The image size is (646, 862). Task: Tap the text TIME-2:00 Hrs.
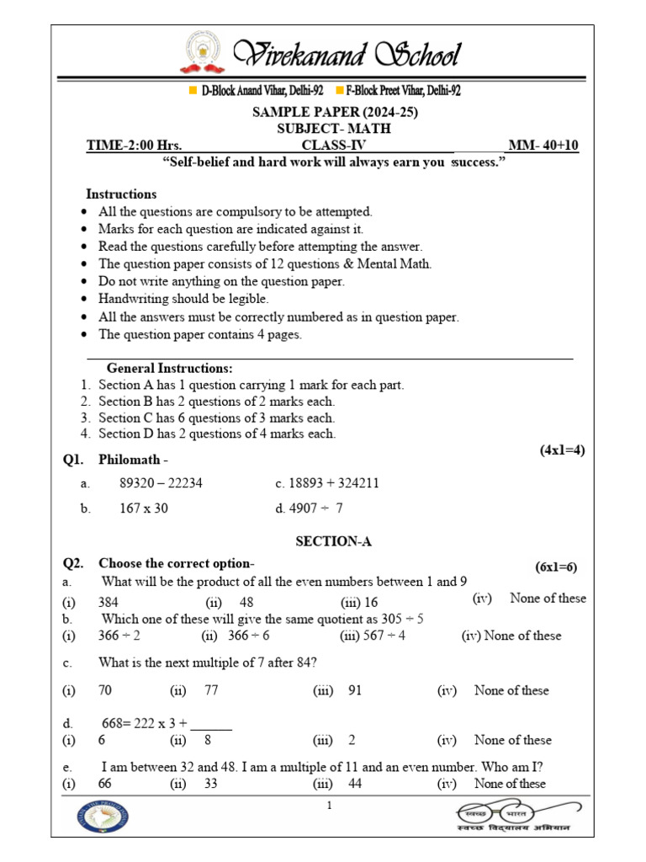click(x=134, y=146)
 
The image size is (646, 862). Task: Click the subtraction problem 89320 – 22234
click(x=161, y=483)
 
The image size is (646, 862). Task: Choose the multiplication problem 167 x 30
click(x=144, y=508)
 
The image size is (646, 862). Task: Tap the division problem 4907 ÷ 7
click(x=316, y=508)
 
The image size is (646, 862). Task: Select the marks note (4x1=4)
click(x=561, y=450)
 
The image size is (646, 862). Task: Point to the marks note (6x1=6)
click(x=556, y=567)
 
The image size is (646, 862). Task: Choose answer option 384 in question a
click(x=109, y=602)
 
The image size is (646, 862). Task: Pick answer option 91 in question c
click(x=354, y=690)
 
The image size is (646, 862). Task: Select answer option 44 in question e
click(x=354, y=784)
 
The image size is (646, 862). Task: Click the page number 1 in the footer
click(x=330, y=806)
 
